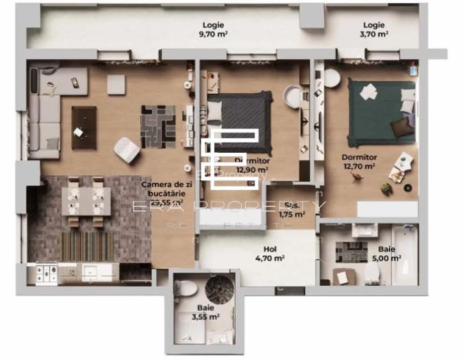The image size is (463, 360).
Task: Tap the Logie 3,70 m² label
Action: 374,30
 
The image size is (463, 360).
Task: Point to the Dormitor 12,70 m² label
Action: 358,161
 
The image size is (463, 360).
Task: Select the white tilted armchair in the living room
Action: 127,150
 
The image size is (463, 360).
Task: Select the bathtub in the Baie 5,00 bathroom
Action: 404,254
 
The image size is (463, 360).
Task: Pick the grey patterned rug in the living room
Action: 158,126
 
